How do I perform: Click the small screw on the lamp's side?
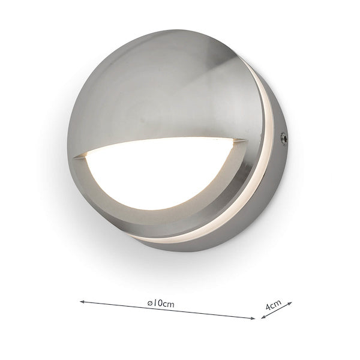click(x=284, y=139)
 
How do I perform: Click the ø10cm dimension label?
click(x=160, y=304)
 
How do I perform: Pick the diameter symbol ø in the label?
click(x=149, y=304)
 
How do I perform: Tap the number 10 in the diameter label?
click(x=157, y=304)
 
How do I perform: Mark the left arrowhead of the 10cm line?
click(x=81, y=302)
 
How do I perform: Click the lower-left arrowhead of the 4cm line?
click(x=263, y=317)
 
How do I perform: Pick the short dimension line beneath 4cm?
click(x=277, y=310)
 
